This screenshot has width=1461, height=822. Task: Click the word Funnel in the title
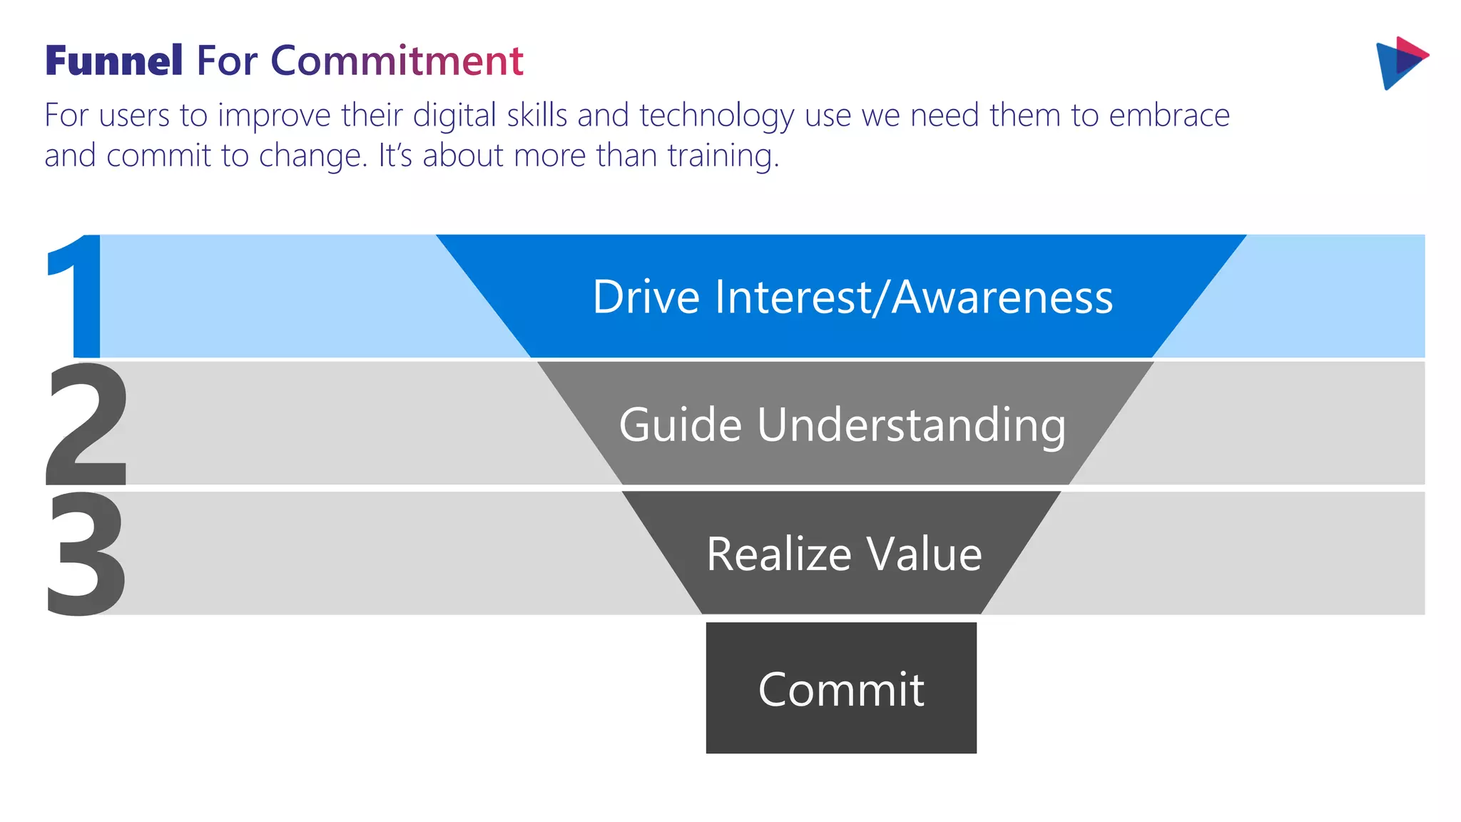(x=114, y=61)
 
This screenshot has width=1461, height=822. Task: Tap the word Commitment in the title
(x=397, y=61)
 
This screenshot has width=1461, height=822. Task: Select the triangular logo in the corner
(x=1400, y=63)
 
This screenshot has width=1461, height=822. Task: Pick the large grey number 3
(x=86, y=553)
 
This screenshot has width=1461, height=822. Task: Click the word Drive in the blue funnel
(x=646, y=297)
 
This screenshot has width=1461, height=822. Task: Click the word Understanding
(x=911, y=425)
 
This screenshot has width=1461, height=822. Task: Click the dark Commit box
(x=841, y=688)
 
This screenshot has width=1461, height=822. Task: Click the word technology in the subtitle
(x=716, y=116)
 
